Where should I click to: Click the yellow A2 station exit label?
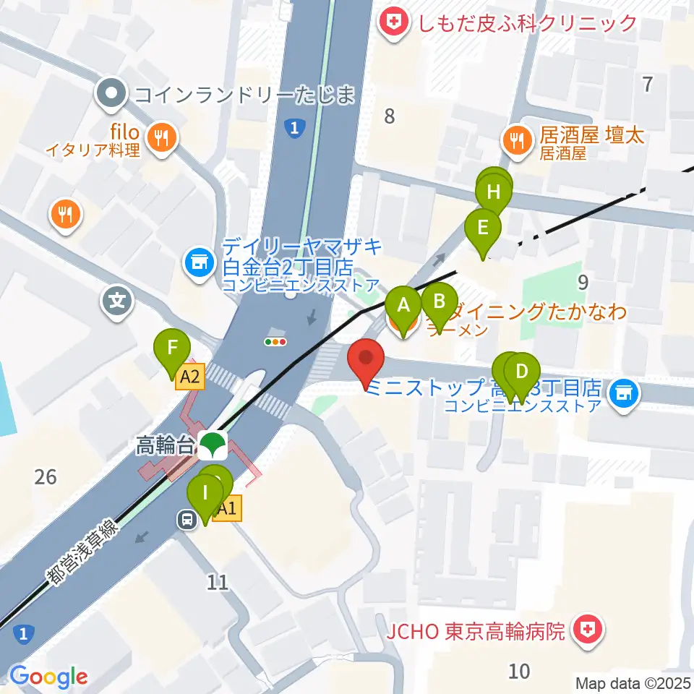[x=190, y=376]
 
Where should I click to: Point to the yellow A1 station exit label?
[x=227, y=509]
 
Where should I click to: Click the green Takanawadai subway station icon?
[x=212, y=445]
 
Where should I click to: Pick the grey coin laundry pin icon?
[x=112, y=94]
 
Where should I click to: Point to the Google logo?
[x=48, y=677]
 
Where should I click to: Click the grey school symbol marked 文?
[x=118, y=301]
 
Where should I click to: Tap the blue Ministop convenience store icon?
[x=622, y=394]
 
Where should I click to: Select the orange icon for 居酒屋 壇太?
[x=518, y=137]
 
